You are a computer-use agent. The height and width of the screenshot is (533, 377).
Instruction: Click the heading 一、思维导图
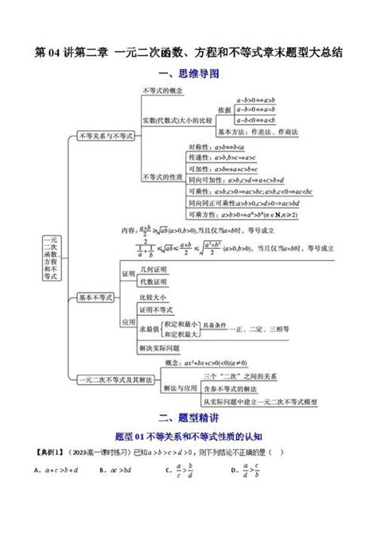coord(188,73)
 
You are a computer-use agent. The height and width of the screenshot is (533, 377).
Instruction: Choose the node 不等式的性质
coord(161,177)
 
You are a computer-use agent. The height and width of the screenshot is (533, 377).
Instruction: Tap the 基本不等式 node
coord(95,297)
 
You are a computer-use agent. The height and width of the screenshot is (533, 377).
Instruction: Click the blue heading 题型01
coord(188,436)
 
